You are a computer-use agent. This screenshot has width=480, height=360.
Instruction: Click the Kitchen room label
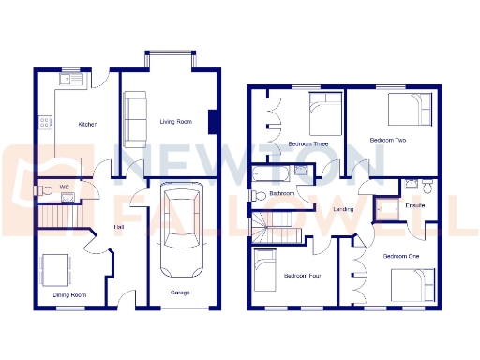tap(87, 124)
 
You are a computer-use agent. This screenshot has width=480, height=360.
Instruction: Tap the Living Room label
tap(175, 121)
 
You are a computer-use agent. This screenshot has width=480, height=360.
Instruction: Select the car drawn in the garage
tap(180, 231)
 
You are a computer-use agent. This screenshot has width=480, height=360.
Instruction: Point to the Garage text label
tap(180, 292)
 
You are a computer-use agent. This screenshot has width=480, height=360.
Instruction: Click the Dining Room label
tap(68, 295)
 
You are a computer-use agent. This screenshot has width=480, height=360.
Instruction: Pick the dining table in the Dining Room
tap(57, 269)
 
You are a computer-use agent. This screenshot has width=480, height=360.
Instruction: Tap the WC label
tap(65, 187)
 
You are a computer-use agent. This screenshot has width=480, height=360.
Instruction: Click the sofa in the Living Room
tap(137, 116)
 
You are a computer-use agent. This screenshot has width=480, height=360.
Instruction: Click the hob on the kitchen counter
tap(43, 121)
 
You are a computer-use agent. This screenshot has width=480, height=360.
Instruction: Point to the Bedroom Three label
tap(307, 143)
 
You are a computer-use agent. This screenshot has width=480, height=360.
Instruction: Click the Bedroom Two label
tap(387, 140)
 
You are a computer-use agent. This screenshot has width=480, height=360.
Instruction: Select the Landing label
tap(343, 209)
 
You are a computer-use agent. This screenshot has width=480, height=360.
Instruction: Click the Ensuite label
tap(414, 204)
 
